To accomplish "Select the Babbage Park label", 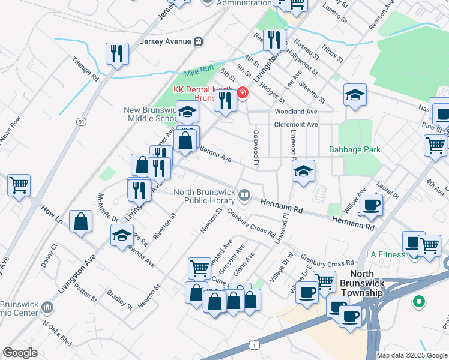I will [355, 149].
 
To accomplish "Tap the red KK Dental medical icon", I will [243, 92].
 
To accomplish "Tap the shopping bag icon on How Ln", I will [80, 221].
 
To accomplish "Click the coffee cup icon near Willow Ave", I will [371, 204].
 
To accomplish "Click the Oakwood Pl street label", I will [256, 148].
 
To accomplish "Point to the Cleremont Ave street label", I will [296, 124].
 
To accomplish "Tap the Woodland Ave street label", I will [295, 112].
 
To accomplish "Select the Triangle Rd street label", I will [85, 69].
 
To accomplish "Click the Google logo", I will [20, 353].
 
